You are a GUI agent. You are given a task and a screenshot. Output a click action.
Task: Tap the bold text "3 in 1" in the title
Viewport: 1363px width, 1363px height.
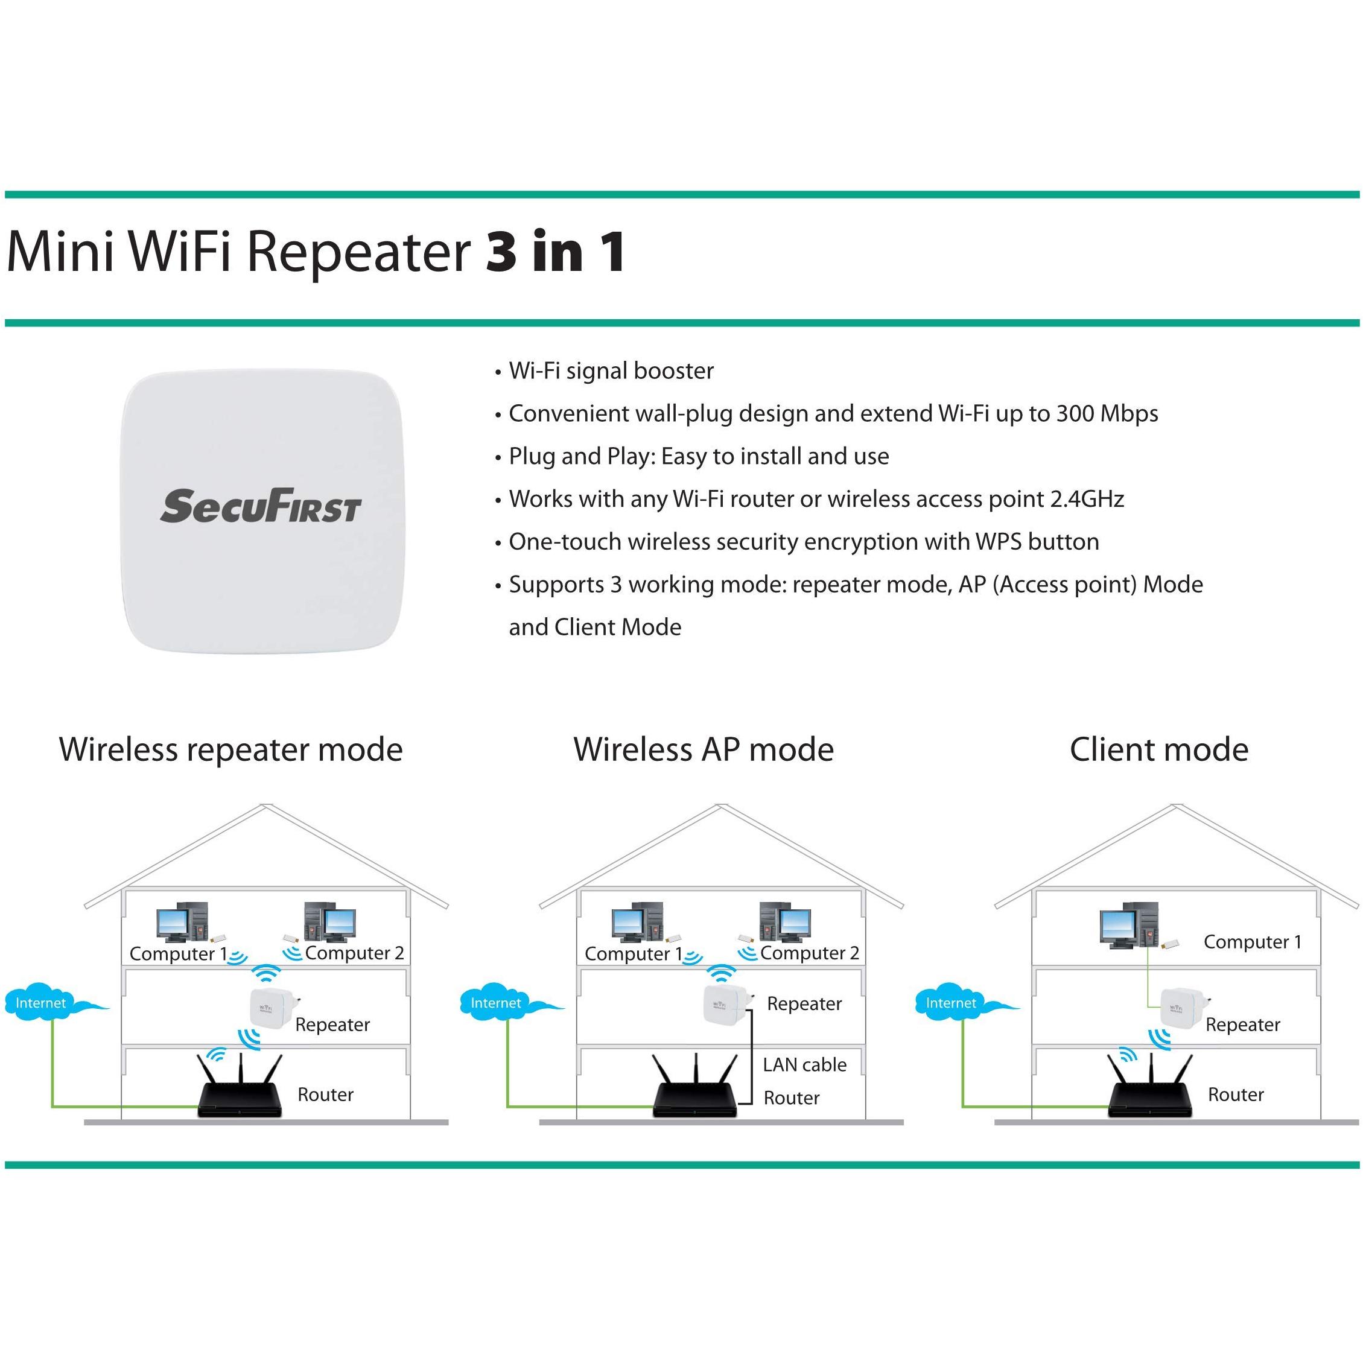[555, 252]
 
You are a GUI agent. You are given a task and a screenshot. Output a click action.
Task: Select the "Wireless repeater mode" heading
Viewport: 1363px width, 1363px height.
[230, 749]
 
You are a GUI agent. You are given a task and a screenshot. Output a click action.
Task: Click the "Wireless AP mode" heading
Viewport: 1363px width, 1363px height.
[704, 749]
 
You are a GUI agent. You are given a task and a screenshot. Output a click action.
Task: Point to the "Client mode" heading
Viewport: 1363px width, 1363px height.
[1158, 749]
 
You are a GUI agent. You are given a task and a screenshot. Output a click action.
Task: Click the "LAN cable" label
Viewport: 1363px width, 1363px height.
[804, 1064]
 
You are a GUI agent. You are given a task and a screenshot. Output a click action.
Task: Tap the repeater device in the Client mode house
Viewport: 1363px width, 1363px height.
[1181, 1008]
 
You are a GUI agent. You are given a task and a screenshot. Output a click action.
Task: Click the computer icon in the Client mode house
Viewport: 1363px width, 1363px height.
[1128, 925]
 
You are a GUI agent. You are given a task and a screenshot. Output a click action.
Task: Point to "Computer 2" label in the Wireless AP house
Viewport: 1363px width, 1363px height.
[809, 953]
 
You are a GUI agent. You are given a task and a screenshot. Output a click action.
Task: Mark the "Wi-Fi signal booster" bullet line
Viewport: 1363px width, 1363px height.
[611, 371]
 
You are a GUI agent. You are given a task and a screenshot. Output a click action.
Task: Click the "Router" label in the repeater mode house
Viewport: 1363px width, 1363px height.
[325, 1095]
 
